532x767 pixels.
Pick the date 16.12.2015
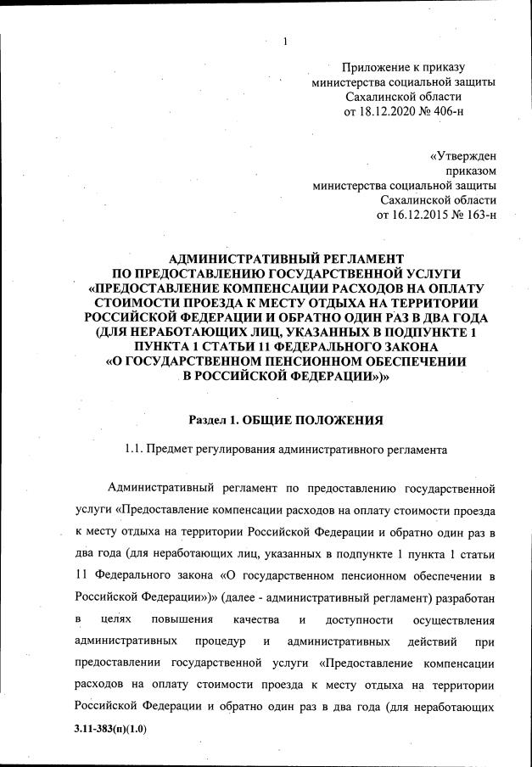click(414, 215)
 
